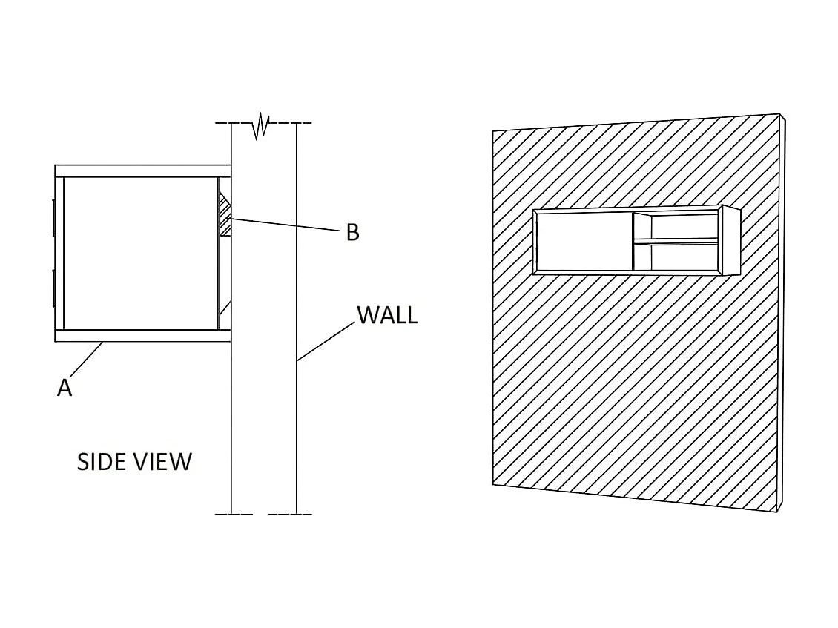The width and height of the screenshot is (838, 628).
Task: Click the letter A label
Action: point(65,387)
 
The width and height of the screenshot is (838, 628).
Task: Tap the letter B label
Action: point(352,233)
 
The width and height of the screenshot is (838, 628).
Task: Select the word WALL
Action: point(387,315)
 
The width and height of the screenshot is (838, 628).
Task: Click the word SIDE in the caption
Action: point(102,462)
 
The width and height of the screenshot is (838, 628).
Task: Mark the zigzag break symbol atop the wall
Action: point(260,126)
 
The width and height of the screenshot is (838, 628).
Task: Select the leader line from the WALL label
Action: point(326,341)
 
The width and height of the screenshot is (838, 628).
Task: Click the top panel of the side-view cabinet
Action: point(142,171)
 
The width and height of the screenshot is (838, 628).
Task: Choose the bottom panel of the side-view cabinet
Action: point(142,336)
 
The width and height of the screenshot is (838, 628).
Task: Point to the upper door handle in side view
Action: point(54,217)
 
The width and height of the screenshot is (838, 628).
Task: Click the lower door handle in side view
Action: point(54,288)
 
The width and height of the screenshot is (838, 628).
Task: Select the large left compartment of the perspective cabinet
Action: point(583,240)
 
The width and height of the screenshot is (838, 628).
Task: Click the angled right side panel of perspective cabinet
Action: point(730,241)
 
